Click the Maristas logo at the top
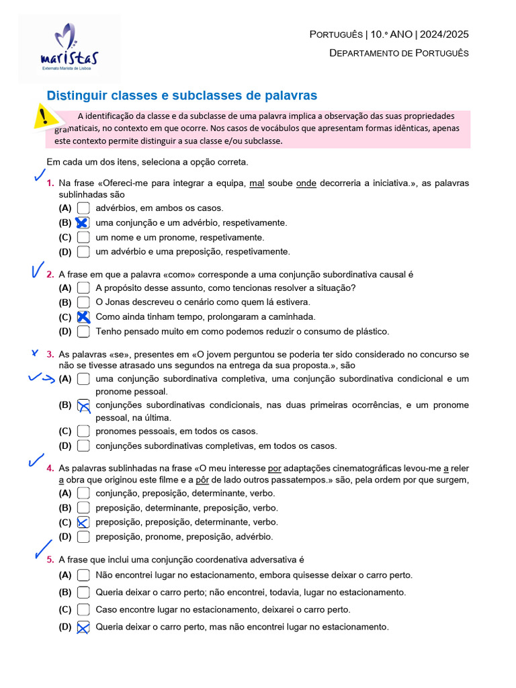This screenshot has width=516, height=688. (70, 48)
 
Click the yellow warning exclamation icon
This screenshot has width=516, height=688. (44, 117)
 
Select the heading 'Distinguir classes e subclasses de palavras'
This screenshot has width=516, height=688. (181, 95)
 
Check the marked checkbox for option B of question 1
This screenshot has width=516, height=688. (83, 223)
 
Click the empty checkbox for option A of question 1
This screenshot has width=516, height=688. (83, 208)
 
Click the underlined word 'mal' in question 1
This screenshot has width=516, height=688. (256, 183)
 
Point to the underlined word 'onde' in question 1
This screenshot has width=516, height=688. (306, 183)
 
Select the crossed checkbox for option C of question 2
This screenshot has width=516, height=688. (83, 317)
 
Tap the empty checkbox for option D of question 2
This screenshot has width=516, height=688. (83, 331)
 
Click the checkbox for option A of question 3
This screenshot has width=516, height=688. (83, 379)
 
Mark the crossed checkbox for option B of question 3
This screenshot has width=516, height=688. (83, 405)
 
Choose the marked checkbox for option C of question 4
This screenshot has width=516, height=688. (83, 522)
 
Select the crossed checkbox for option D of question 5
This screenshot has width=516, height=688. (83, 628)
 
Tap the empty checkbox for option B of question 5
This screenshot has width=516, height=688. (83, 593)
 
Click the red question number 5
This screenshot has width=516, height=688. (50, 559)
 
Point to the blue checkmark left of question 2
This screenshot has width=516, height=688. (36, 270)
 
